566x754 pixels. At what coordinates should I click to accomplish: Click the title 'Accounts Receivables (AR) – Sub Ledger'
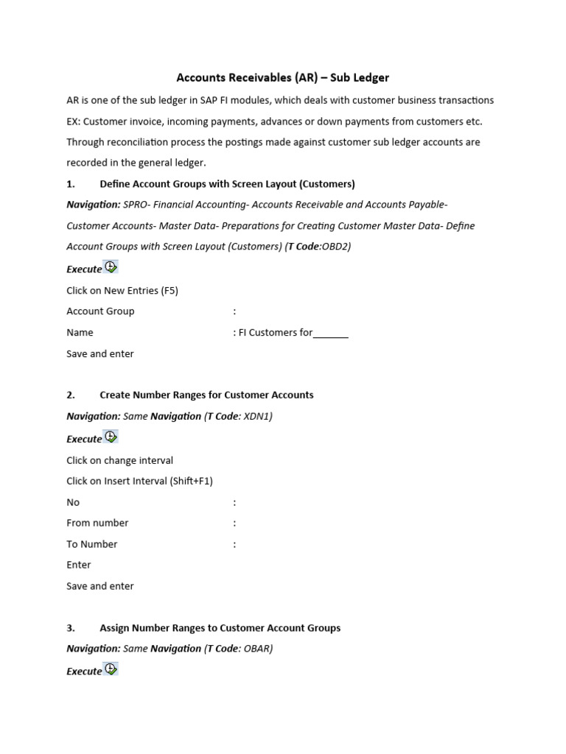pyautogui.click(x=282, y=77)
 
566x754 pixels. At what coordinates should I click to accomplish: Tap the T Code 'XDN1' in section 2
pyautogui.click(x=257, y=417)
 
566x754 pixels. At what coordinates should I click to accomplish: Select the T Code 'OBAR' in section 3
pyautogui.click(x=258, y=649)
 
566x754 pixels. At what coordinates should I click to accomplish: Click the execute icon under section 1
pyautogui.click(x=111, y=267)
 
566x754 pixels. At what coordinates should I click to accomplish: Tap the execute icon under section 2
pyautogui.click(x=111, y=437)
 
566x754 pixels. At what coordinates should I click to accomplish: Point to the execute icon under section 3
pyautogui.click(x=111, y=669)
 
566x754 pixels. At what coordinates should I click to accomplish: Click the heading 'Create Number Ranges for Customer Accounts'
pyautogui.click(x=206, y=395)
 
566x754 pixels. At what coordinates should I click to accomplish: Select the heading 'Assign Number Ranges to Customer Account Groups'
pyautogui.click(x=220, y=628)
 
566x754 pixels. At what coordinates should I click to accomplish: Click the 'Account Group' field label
pyautogui.click(x=100, y=311)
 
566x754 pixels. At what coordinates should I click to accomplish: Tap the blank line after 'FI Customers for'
pyautogui.click(x=331, y=333)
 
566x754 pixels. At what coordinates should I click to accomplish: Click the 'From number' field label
pyautogui.click(x=97, y=523)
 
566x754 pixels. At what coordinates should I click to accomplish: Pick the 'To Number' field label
pyautogui.click(x=91, y=544)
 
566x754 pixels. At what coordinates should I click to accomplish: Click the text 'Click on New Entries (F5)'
pyautogui.click(x=122, y=290)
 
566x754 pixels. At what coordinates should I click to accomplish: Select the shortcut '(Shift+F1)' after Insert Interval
pyautogui.click(x=191, y=481)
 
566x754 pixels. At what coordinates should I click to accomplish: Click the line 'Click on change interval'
pyautogui.click(x=119, y=460)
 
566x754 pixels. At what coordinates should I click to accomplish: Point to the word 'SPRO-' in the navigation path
pyautogui.click(x=137, y=205)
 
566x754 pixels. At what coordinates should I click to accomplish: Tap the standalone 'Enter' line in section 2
pyautogui.click(x=79, y=565)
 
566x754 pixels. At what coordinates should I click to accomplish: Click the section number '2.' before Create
pyautogui.click(x=71, y=395)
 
